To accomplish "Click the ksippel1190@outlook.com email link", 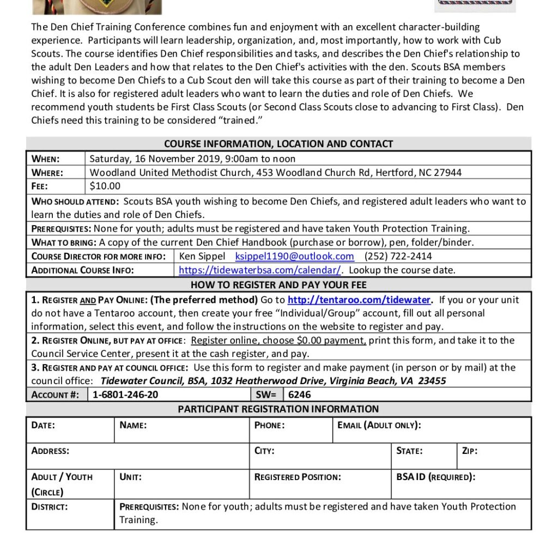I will [x=295, y=256].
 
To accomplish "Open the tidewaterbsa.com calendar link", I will [x=260, y=270].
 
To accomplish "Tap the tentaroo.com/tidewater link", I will [x=360, y=300].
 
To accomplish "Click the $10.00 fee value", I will [x=105, y=186].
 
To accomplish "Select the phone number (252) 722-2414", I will [x=398, y=256].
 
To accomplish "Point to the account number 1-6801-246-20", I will [x=126, y=395].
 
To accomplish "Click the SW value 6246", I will [x=300, y=395].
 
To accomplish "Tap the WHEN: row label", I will [x=46, y=159].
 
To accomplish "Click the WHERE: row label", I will [x=47, y=173].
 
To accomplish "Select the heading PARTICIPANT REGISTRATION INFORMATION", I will [x=278, y=409].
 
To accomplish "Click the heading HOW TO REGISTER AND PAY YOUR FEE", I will [x=278, y=285].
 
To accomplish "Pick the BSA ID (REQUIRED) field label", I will [x=436, y=477].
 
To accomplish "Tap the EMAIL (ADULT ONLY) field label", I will [x=379, y=425].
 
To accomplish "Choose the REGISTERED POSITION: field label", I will [x=298, y=477].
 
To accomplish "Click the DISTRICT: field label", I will [x=50, y=506].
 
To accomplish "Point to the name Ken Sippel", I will [x=202, y=256].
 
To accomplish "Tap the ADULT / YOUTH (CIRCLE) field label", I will [x=62, y=484].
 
